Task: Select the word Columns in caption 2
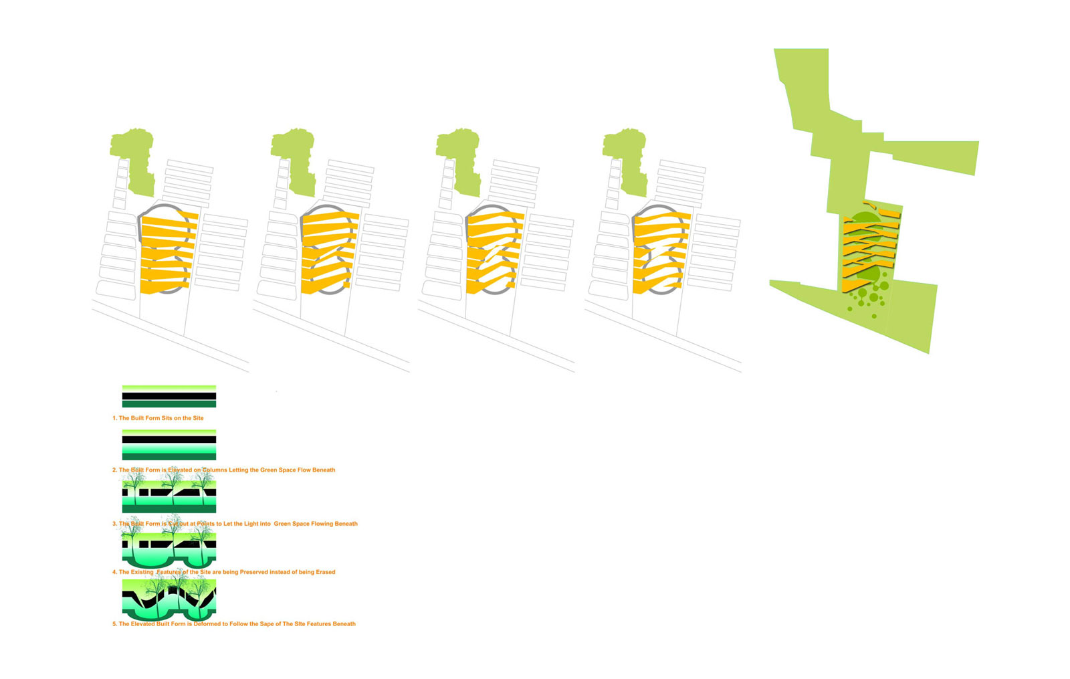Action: point(214,470)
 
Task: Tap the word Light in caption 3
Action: point(252,524)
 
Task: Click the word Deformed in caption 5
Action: point(209,624)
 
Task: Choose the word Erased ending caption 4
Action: point(326,572)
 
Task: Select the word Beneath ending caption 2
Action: point(324,470)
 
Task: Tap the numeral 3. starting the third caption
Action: point(114,524)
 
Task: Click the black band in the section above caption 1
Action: point(169,396)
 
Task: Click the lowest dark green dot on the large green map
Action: point(874,316)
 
